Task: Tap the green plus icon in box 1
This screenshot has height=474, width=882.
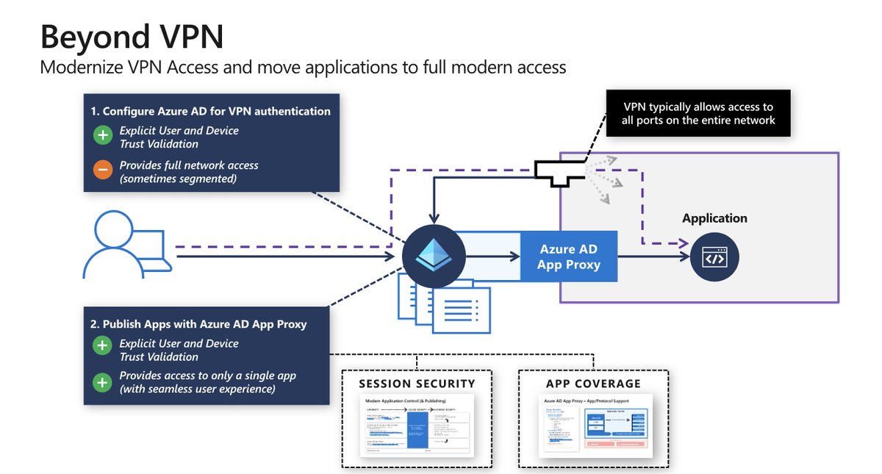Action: pos(102,135)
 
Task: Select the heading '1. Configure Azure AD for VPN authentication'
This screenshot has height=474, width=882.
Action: pos(210,112)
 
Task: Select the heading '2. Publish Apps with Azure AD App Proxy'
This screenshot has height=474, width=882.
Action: pos(198,324)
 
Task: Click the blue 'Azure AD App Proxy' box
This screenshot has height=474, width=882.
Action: pos(568,257)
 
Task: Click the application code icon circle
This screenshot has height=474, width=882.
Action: pos(714,258)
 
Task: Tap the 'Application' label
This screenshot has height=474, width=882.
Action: pos(714,218)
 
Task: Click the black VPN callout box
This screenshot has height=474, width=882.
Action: pos(698,113)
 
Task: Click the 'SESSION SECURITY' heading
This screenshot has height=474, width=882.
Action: pos(417,384)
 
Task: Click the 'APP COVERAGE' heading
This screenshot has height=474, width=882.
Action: pos(593,384)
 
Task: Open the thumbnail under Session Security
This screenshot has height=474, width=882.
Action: pos(417,426)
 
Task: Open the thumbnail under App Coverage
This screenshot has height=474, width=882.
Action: pos(593,426)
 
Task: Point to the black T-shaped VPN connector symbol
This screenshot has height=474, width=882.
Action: pos(562,172)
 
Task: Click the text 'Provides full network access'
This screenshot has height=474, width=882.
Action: pos(189,165)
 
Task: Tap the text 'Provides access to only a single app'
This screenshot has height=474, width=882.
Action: pos(208,376)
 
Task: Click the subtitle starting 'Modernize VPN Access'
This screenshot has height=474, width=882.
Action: pos(303,68)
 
